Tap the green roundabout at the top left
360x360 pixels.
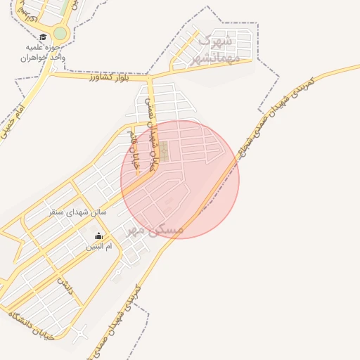(x=60, y=33)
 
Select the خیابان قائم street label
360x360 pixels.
(x=134, y=150)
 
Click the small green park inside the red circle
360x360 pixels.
(x=164, y=150)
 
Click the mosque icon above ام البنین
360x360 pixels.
(x=98, y=236)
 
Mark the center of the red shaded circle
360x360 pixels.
(x=180, y=179)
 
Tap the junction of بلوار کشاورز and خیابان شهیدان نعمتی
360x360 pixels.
(x=148, y=76)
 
